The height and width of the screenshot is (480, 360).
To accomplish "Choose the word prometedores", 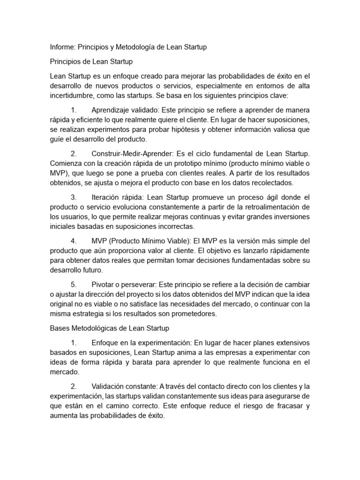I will tap(193, 314).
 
